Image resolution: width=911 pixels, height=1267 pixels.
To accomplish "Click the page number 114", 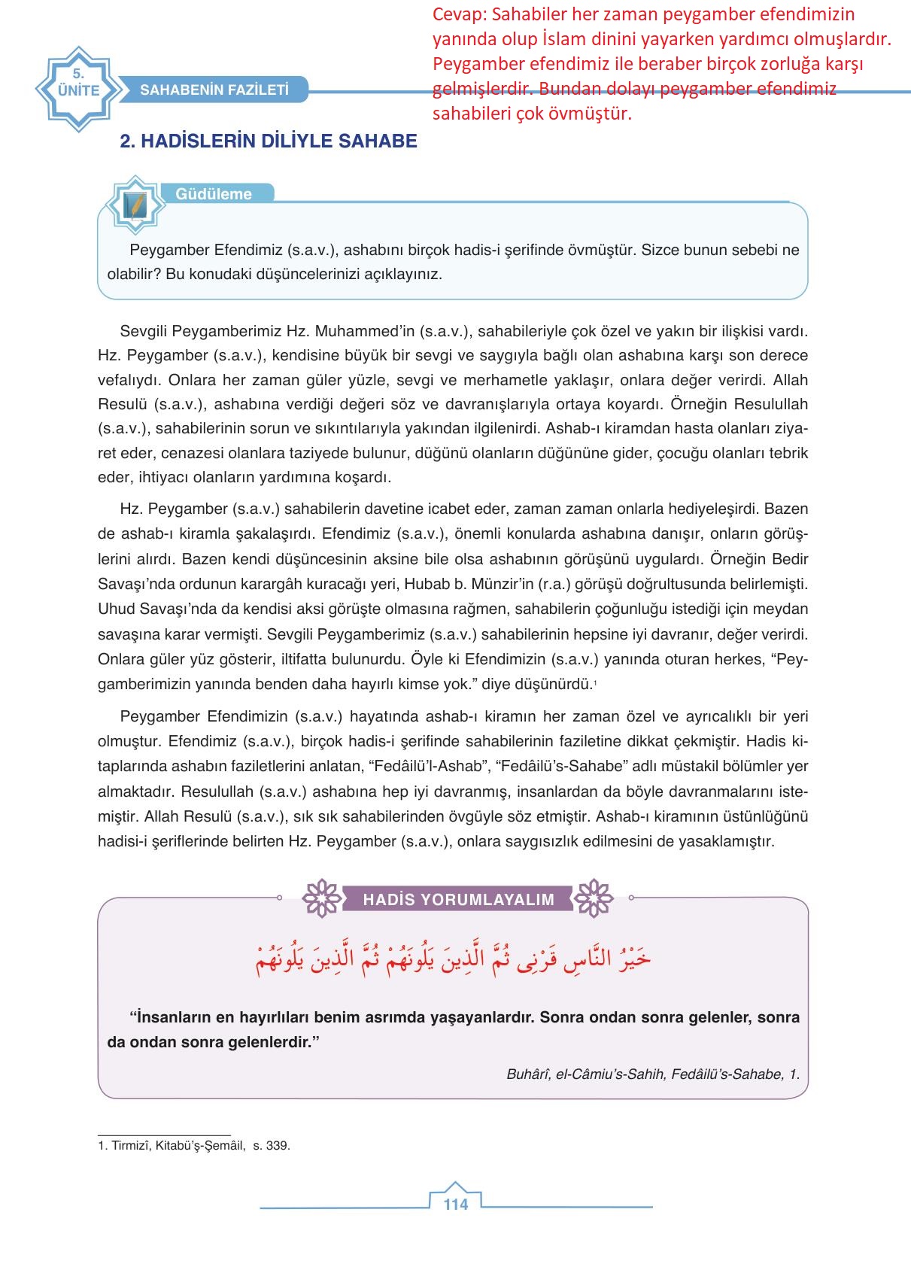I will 456,1204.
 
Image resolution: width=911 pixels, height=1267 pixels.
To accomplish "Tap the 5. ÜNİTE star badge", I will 78,90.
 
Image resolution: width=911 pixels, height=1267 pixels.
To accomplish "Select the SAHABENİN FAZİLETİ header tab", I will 214,90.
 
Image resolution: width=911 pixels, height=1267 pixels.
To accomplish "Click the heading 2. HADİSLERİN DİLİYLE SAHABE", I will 269,141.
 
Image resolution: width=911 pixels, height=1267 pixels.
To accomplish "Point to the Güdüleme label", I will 214,194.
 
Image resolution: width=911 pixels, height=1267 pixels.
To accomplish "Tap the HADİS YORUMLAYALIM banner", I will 458,899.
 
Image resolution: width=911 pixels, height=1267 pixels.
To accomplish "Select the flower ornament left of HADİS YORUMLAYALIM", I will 321,898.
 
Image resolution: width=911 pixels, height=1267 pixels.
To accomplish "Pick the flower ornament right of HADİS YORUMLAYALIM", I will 594,898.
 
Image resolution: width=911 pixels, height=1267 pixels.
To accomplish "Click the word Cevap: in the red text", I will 459,15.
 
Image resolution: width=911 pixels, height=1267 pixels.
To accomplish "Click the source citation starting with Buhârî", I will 653,1074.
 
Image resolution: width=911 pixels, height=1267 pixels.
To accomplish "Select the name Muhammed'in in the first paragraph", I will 364,331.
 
